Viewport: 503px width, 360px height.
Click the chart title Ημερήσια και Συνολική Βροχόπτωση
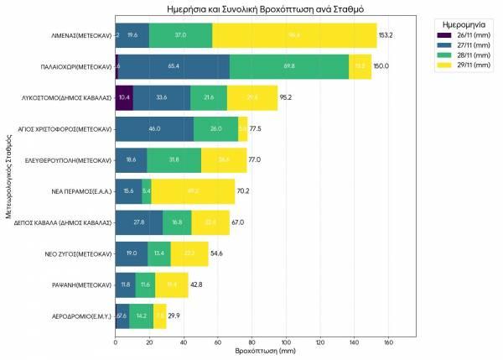[265, 8]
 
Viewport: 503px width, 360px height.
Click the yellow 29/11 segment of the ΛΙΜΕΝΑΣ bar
[294, 35]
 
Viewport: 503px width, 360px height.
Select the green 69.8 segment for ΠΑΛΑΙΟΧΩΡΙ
[289, 66]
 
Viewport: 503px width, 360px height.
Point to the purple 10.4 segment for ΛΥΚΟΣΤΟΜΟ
[124, 97]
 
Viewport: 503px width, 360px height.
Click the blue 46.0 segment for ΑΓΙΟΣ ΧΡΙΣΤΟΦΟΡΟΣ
[154, 129]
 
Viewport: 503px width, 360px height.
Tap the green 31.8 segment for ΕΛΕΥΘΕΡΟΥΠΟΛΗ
[174, 160]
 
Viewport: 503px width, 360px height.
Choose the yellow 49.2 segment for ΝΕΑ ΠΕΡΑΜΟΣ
[193, 191]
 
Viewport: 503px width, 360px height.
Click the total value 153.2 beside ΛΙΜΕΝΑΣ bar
[386, 35]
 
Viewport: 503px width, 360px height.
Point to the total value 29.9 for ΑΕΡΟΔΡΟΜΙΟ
[174, 316]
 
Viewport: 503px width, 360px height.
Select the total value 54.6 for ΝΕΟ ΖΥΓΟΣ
[218, 254]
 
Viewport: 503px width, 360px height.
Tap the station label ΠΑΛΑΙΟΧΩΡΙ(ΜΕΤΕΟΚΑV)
[76, 66]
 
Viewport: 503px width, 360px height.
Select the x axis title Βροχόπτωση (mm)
[265, 352]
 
